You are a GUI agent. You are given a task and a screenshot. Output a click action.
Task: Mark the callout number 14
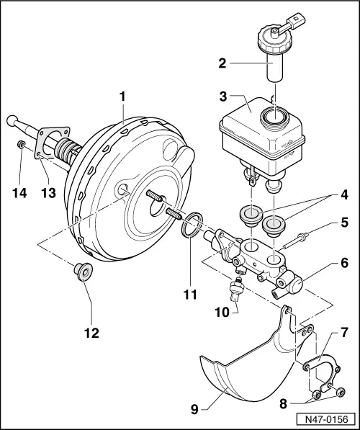[20, 192]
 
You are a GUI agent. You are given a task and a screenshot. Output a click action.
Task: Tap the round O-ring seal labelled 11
[189, 225]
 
